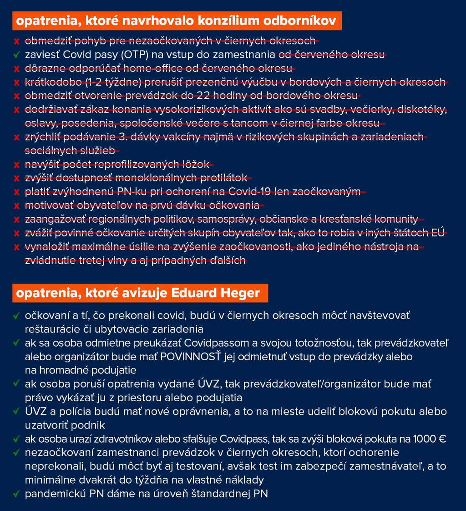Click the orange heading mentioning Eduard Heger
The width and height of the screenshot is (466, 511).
[138, 293]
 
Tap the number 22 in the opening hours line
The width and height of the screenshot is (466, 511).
[199, 96]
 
